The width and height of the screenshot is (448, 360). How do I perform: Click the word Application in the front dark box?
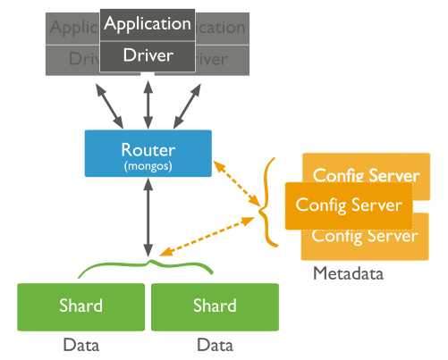point(148,24)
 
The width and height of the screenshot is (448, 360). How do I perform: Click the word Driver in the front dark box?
point(148,56)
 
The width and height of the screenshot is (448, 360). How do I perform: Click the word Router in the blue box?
point(148,149)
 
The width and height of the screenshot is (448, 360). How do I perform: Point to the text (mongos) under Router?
point(148,165)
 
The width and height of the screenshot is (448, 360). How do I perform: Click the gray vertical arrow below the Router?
point(148,215)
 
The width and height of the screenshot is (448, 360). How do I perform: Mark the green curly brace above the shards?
point(148,266)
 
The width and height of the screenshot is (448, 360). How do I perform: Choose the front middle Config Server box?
point(349,205)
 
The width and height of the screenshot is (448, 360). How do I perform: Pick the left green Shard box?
point(80,306)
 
